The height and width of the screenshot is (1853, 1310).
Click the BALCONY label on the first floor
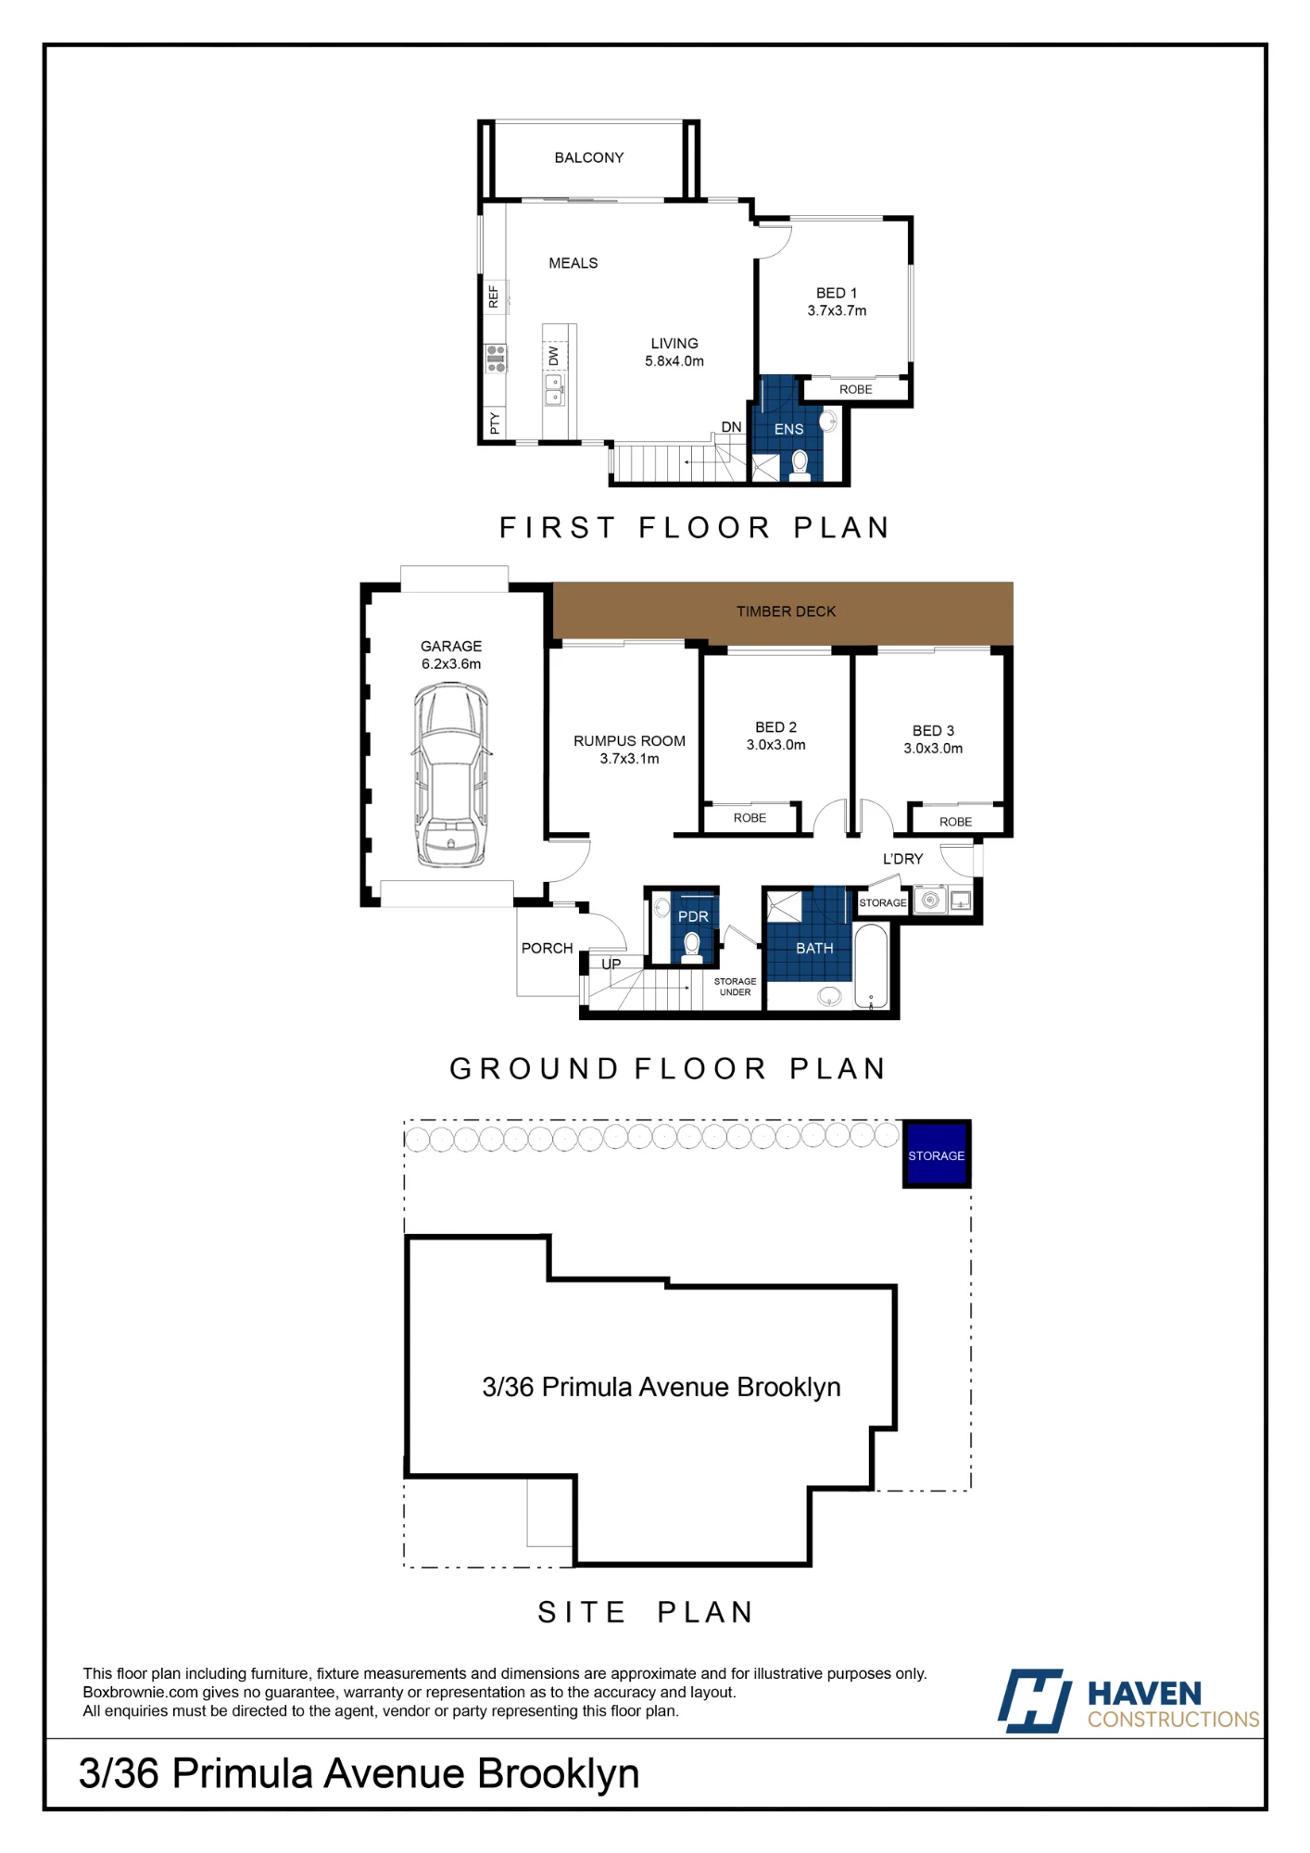coord(589,158)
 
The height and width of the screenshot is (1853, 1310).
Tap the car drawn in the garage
coord(451,775)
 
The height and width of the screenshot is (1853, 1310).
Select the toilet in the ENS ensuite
coord(800,464)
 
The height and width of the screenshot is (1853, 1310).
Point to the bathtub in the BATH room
coord(871,966)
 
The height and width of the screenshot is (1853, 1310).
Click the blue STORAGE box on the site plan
coord(937,1154)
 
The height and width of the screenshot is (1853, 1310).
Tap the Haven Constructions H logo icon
coord(1034,1701)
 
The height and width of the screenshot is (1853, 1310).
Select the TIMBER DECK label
coord(786,611)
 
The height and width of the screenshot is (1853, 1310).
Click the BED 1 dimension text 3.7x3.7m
coord(837,311)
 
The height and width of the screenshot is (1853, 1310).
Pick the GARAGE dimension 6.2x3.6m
coord(451,664)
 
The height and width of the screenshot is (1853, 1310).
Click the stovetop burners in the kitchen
coord(496,358)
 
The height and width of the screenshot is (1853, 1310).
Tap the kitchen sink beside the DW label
coord(554,390)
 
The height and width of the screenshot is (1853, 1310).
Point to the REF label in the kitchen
coord(494,296)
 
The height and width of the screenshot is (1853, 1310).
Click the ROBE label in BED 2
coord(749,818)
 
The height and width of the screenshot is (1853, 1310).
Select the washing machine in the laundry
coord(930,900)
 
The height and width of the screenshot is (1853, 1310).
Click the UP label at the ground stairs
coord(611,964)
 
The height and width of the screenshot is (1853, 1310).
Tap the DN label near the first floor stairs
coord(732,427)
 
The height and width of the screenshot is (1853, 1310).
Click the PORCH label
coord(547,948)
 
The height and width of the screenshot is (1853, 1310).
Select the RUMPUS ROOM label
coord(629,741)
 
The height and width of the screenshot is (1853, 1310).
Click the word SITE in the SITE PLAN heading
coord(581,1613)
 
